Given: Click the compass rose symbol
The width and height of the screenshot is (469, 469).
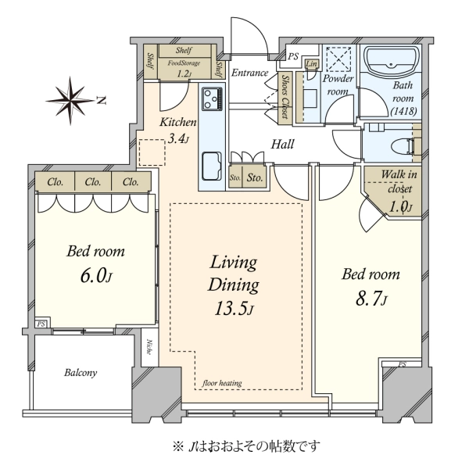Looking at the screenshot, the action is pyautogui.click(x=71, y=101).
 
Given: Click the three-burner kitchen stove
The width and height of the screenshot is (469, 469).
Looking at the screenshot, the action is pyautogui.click(x=212, y=98).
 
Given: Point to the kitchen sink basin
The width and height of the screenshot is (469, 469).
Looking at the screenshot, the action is pyautogui.click(x=212, y=166).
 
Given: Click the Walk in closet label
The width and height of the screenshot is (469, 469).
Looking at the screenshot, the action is pyautogui.click(x=399, y=181).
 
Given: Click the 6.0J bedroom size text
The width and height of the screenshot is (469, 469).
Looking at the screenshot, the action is pyautogui.click(x=96, y=276).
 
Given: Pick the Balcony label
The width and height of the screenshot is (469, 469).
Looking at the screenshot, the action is pyautogui.click(x=81, y=373).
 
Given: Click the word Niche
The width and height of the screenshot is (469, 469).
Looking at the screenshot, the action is pyautogui.click(x=149, y=347).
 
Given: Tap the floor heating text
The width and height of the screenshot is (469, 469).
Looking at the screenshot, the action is pyautogui.click(x=222, y=383).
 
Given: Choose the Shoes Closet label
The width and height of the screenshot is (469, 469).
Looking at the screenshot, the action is pyautogui.click(x=286, y=97).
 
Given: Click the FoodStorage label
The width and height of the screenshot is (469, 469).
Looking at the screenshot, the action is pyautogui.click(x=184, y=63).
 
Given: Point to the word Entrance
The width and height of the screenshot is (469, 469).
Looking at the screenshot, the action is pyautogui.click(x=250, y=73).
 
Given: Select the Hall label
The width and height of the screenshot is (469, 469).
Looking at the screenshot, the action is pyautogui.click(x=282, y=144).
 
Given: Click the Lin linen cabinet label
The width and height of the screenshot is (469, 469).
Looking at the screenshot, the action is pyautogui.click(x=311, y=64).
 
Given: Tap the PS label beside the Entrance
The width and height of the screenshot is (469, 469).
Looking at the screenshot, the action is pyautogui.click(x=293, y=56).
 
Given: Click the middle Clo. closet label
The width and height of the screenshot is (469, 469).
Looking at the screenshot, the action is pyautogui.click(x=93, y=181).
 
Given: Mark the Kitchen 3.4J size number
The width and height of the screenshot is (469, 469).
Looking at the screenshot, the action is pyautogui.click(x=177, y=139).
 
